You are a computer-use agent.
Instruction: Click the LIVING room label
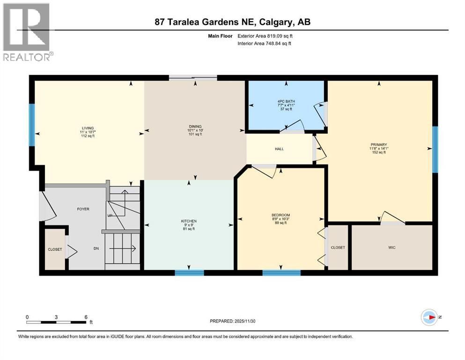pyautogui.click(x=87, y=128)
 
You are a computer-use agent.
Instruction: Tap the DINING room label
pyautogui.click(x=195, y=126)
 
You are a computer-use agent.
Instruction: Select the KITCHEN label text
pyautogui.click(x=189, y=221)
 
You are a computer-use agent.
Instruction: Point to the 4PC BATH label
pyautogui.click(x=285, y=99)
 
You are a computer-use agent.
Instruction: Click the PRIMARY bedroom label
pyautogui.click(x=377, y=145)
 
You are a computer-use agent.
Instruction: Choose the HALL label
pyautogui.click(x=279, y=149)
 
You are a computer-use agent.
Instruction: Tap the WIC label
pyautogui.click(x=392, y=247)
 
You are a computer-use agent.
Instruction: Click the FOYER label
pyautogui.click(x=83, y=209)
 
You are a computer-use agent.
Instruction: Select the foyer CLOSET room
pyautogui.click(x=55, y=249)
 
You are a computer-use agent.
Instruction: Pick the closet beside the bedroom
pyautogui.click(x=338, y=247)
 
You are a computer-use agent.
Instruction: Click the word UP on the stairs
pyautogui.click(x=110, y=216)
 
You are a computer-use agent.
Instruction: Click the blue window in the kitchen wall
pyautogui.click(x=189, y=272)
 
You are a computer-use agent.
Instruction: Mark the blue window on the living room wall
pyautogui.click(x=32, y=125)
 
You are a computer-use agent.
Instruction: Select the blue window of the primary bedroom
pyautogui.click(x=435, y=149)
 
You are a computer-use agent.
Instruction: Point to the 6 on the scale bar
pyautogui.click(x=86, y=316)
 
